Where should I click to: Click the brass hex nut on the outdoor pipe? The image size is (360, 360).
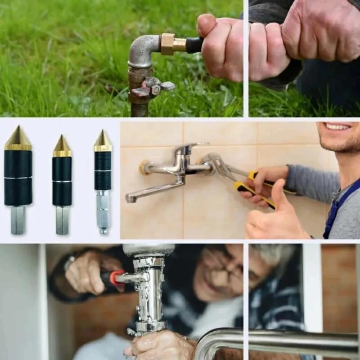[x=167, y=44]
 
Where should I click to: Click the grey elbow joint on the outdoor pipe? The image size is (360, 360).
[x=143, y=52]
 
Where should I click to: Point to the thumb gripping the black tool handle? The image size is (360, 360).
[x=208, y=25]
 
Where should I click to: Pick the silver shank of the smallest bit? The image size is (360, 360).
[x=103, y=211]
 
